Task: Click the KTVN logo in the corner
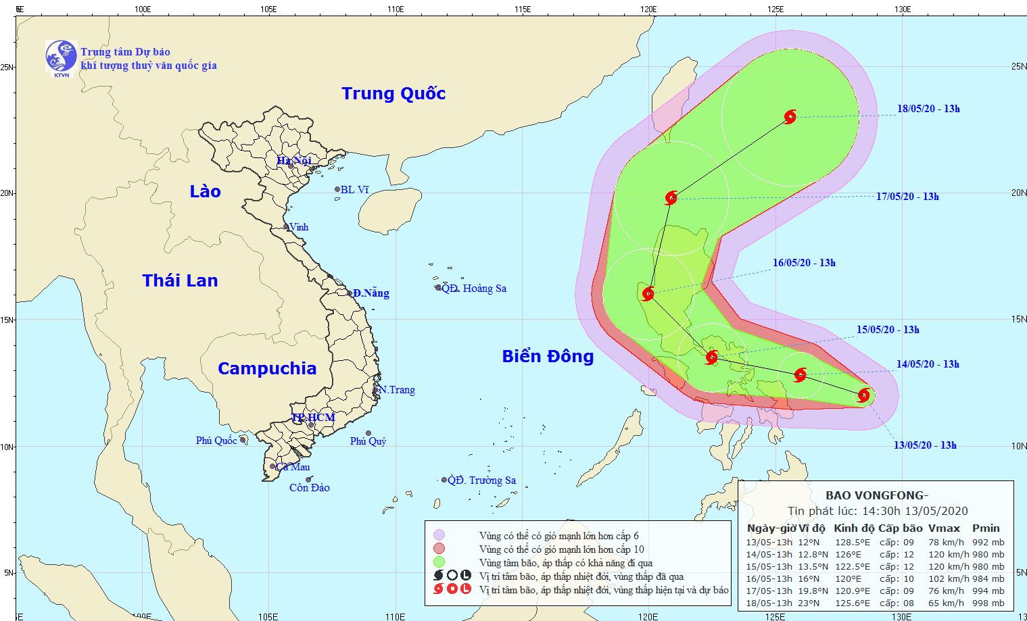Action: point(61,57)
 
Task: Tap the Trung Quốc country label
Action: point(393,93)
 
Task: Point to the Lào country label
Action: point(205,191)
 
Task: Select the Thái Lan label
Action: point(180,280)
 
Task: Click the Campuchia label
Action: point(267,368)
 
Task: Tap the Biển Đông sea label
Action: point(548,356)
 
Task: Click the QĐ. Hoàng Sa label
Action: point(474,289)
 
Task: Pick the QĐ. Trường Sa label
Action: point(482,480)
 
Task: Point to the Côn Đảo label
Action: point(309,488)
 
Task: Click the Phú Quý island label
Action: point(368,441)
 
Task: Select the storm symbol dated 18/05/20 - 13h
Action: point(790,117)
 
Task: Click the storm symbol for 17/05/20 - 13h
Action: point(671,198)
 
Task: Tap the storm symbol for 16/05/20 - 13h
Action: point(648,293)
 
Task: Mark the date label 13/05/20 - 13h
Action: point(925,445)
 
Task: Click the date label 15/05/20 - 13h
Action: point(888,330)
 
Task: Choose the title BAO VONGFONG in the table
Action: point(877,495)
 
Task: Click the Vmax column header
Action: point(944,528)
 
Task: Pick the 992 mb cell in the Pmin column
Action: point(988,542)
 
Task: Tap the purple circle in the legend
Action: point(439,535)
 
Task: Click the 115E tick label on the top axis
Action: point(522,9)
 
